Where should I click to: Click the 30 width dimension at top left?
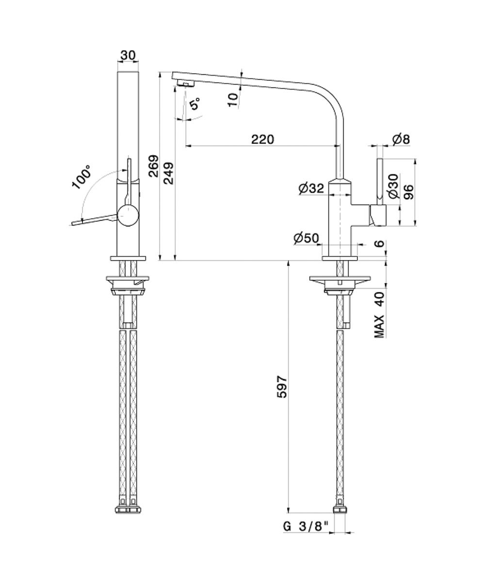click(x=128, y=55)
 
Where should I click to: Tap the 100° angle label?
click(x=81, y=177)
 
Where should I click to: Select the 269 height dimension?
click(x=153, y=166)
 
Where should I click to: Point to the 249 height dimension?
click(x=169, y=173)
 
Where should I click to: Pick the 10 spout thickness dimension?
click(x=233, y=100)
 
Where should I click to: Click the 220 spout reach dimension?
click(x=262, y=139)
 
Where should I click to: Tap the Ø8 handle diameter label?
click(x=402, y=139)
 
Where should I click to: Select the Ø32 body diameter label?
click(x=311, y=188)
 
